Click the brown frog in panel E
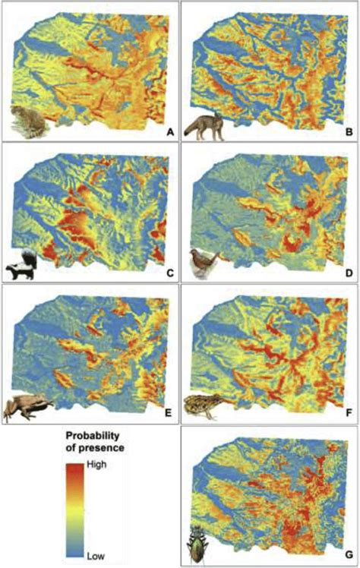(x=27, y=406)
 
